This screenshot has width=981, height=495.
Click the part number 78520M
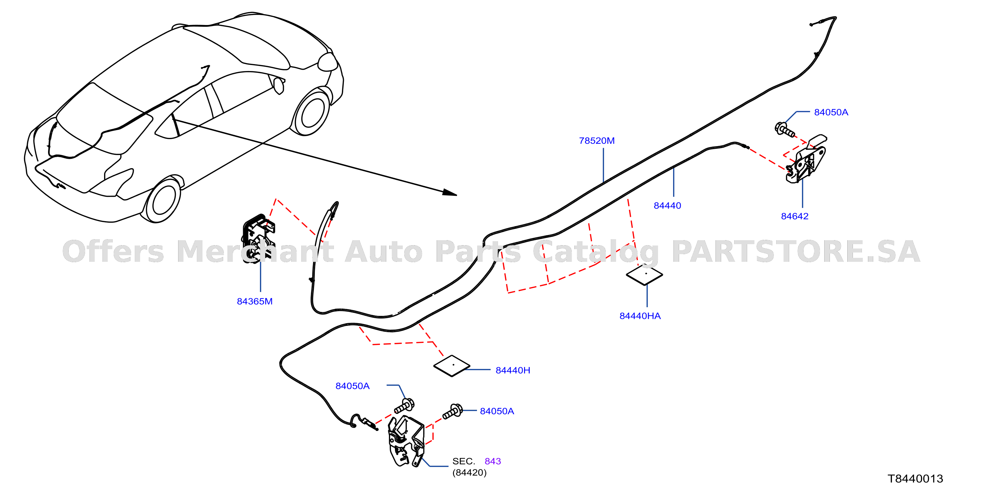(596, 140)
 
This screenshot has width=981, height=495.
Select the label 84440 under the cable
(667, 205)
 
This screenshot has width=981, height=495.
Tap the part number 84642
(795, 216)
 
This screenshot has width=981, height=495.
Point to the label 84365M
(255, 302)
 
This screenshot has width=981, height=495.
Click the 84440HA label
(640, 316)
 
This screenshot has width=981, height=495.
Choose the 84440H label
(513, 370)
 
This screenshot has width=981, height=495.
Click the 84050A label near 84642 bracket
(831, 112)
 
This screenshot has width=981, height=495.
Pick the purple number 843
(492, 461)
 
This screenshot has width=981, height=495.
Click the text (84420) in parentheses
(469, 473)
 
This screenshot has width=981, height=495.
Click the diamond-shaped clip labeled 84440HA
(644, 275)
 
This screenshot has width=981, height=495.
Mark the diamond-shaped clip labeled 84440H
(452, 366)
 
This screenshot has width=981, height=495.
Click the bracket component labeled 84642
(807, 159)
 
